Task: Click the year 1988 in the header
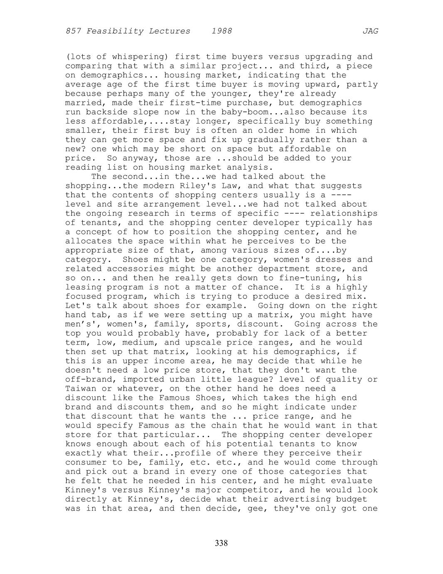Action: [221, 31]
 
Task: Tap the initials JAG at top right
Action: [370, 31]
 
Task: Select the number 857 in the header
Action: [73, 31]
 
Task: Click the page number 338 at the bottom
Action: [221, 543]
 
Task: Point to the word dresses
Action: [325, 260]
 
